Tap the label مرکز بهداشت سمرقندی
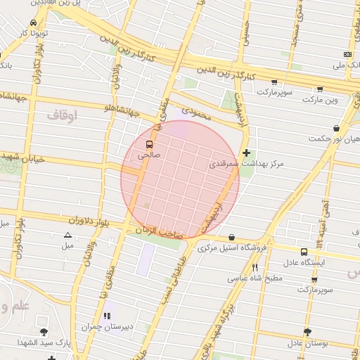[x=246, y=164]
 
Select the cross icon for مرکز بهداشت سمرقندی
[x=246, y=153]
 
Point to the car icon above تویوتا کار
[x=24, y=22]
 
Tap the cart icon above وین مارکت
[x=321, y=89]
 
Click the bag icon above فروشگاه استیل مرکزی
[x=232, y=237]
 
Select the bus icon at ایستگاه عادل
[x=304, y=252]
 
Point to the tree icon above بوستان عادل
[x=307, y=331]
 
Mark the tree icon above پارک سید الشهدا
[x=44, y=331]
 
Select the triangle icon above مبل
[x=67, y=236]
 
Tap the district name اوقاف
[x=63, y=113]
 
